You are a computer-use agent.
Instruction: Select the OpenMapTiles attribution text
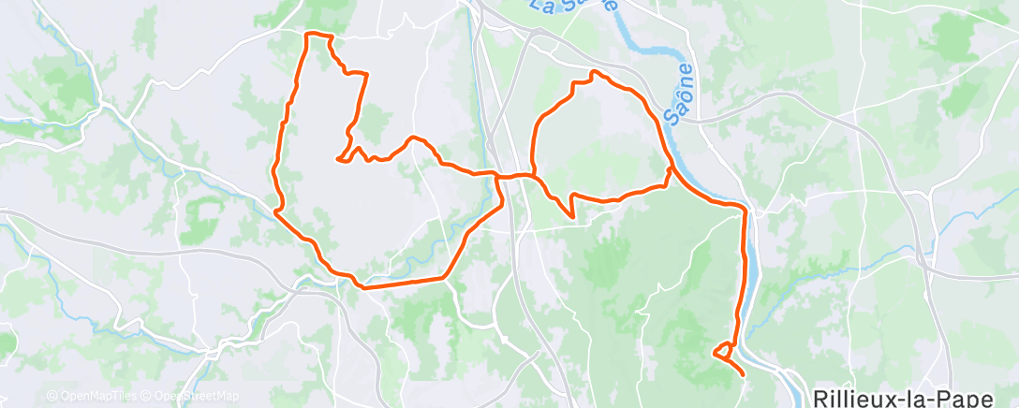(97, 396)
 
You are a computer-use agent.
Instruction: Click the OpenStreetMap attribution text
(197, 396)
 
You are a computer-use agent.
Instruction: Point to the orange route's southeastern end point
(744, 374)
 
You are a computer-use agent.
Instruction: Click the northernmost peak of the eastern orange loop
(593, 71)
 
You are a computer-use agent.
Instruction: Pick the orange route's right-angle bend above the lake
(745, 207)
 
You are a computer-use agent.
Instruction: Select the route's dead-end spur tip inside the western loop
(337, 158)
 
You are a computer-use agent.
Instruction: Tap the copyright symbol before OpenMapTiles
(52, 396)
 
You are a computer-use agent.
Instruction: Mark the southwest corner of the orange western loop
(276, 211)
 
